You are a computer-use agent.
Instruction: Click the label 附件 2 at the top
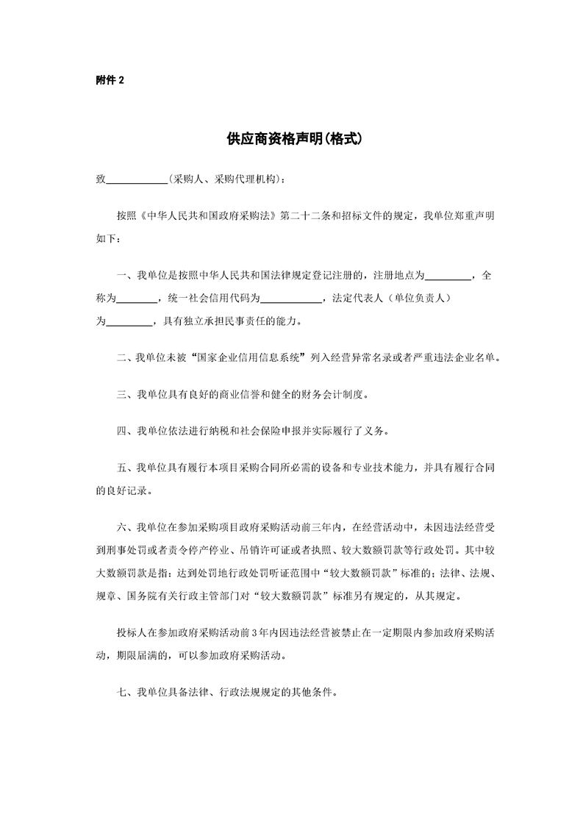pos(110,80)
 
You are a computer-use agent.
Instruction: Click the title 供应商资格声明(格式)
pos(292,138)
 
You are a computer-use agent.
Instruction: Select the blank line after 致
pos(137,179)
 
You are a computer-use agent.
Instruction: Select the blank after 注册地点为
pos(449,276)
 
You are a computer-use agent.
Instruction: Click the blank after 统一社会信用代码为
pos(292,299)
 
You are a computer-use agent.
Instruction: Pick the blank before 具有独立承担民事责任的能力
pos(129,321)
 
